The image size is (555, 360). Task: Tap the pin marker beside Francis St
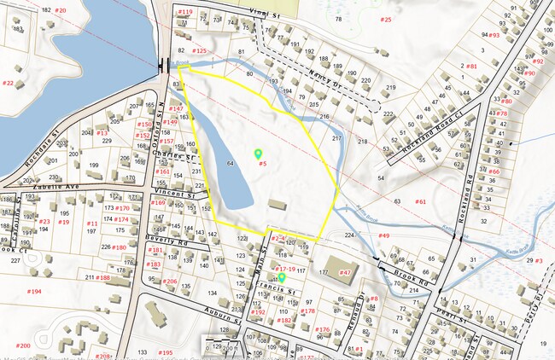point(282,277)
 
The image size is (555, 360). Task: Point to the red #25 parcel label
point(386,19)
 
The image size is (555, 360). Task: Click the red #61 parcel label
point(420,201)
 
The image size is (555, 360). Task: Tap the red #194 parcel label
point(34,292)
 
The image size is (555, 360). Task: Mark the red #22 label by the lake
point(8,83)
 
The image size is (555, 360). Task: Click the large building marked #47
point(337,265)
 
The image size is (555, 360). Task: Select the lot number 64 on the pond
point(230,161)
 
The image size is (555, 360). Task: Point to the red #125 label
point(199,51)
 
